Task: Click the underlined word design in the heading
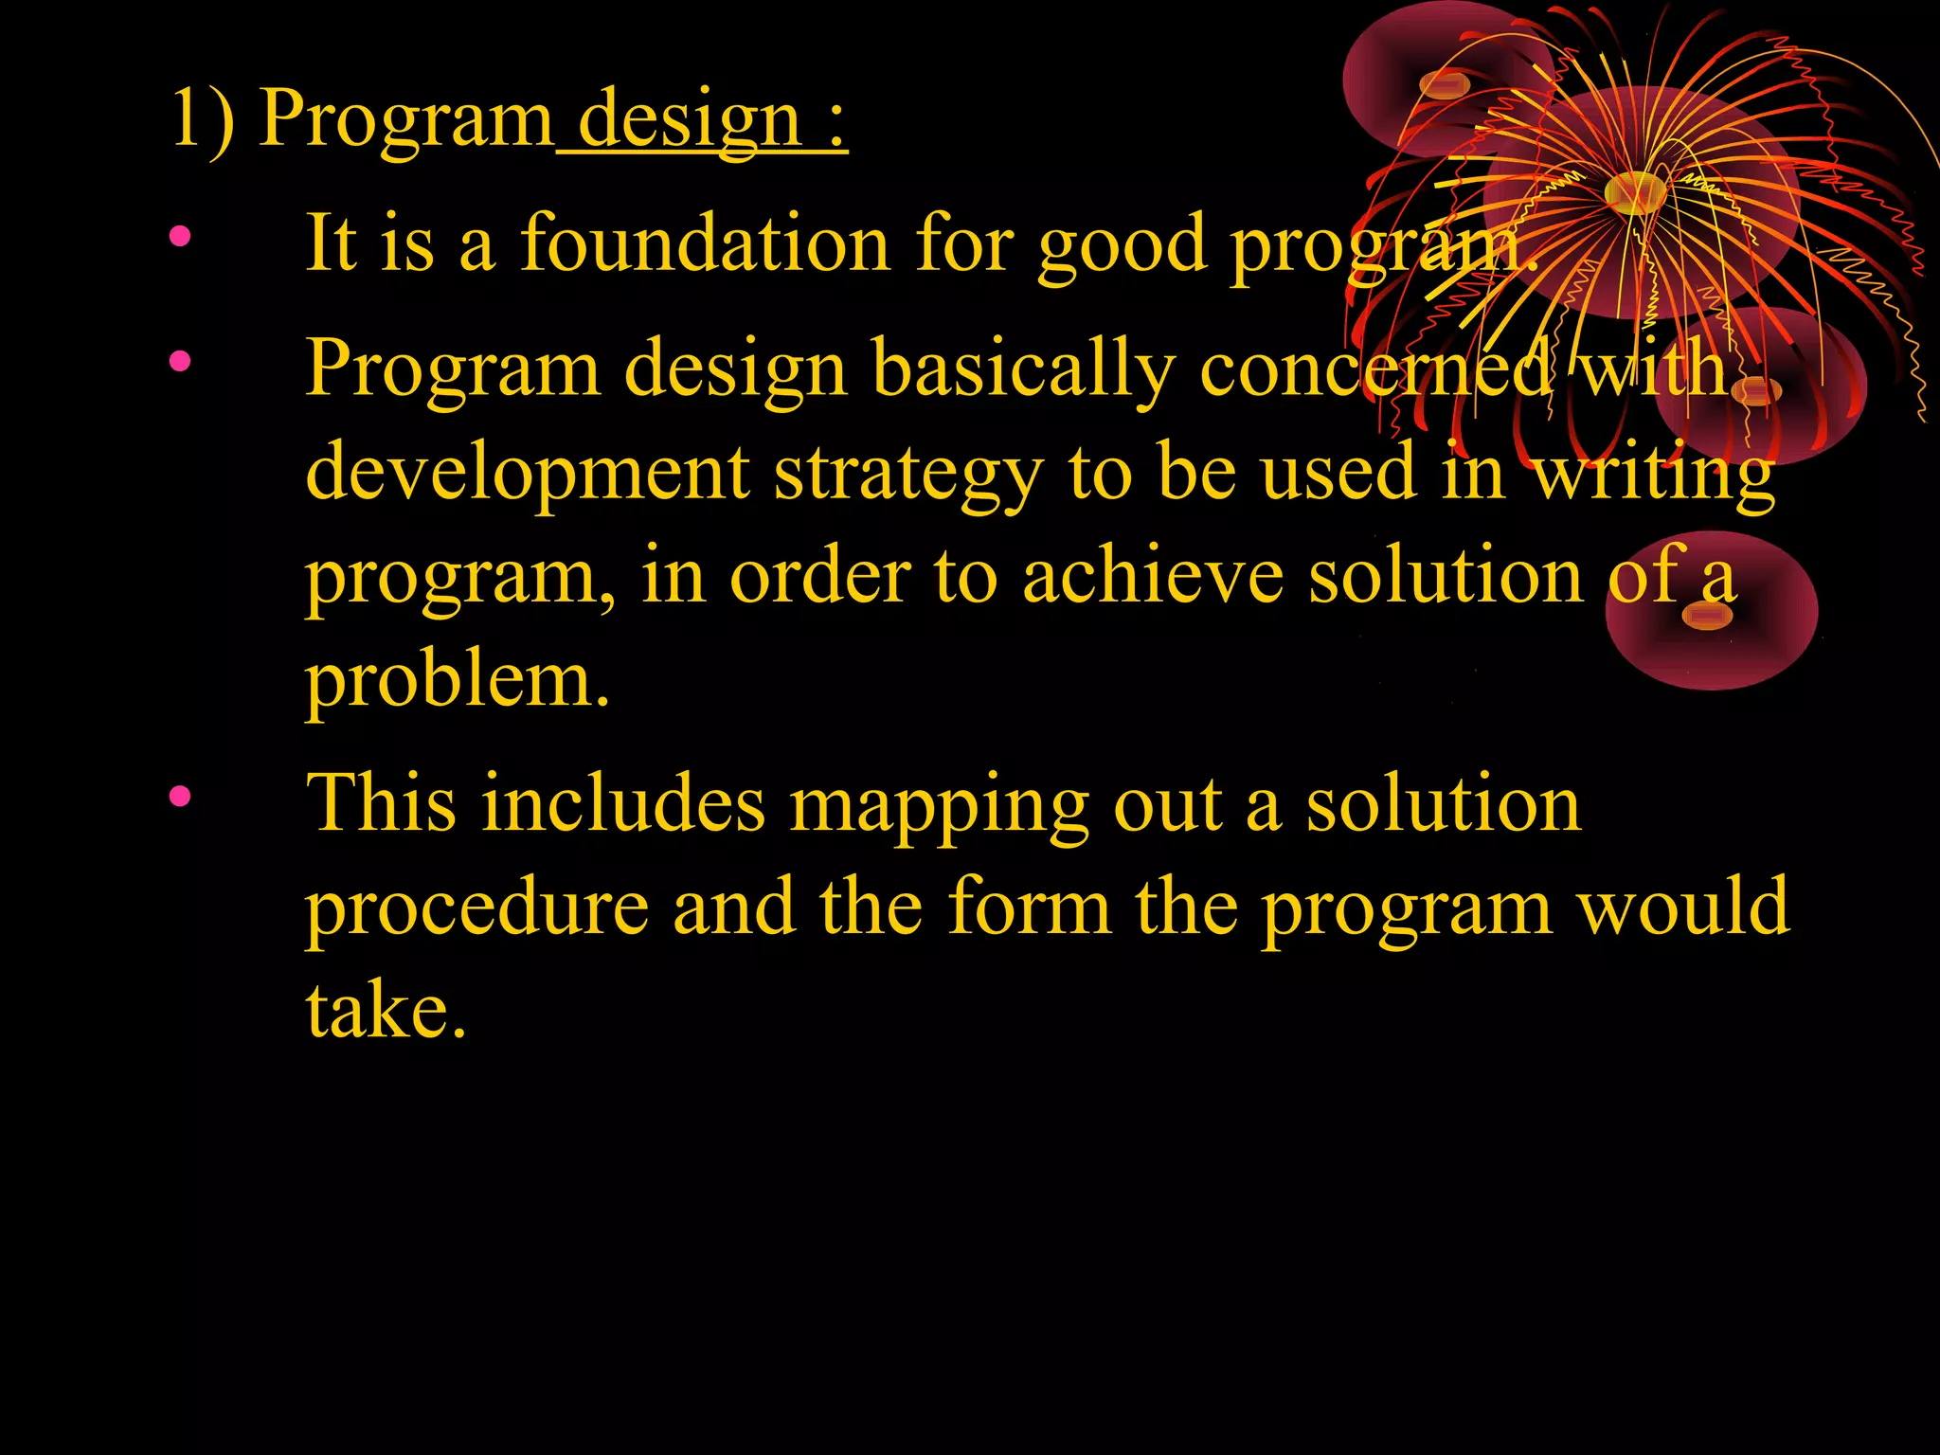[x=690, y=121]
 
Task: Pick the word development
[x=528, y=474]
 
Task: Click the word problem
[x=457, y=682]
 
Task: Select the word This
[x=381, y=803]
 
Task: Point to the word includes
[x=623, y=803]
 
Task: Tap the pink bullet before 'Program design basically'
[x=180, y=361]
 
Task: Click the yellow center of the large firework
[x=1635, y=192]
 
